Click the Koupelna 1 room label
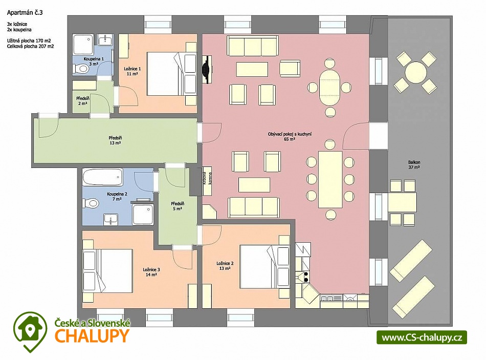point(94,61)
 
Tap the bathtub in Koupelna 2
point(103,177)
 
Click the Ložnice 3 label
point(151,272)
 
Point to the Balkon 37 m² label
point(414,164)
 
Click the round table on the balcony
point(415,72)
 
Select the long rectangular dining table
point(330,179)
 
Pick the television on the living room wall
point(207,70)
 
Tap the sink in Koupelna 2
point(111,219)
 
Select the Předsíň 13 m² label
point(115,140)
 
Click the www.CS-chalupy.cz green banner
point(422,337)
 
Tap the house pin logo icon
point(30,331)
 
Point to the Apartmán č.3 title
point(25,13)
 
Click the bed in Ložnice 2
point(264,267)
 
